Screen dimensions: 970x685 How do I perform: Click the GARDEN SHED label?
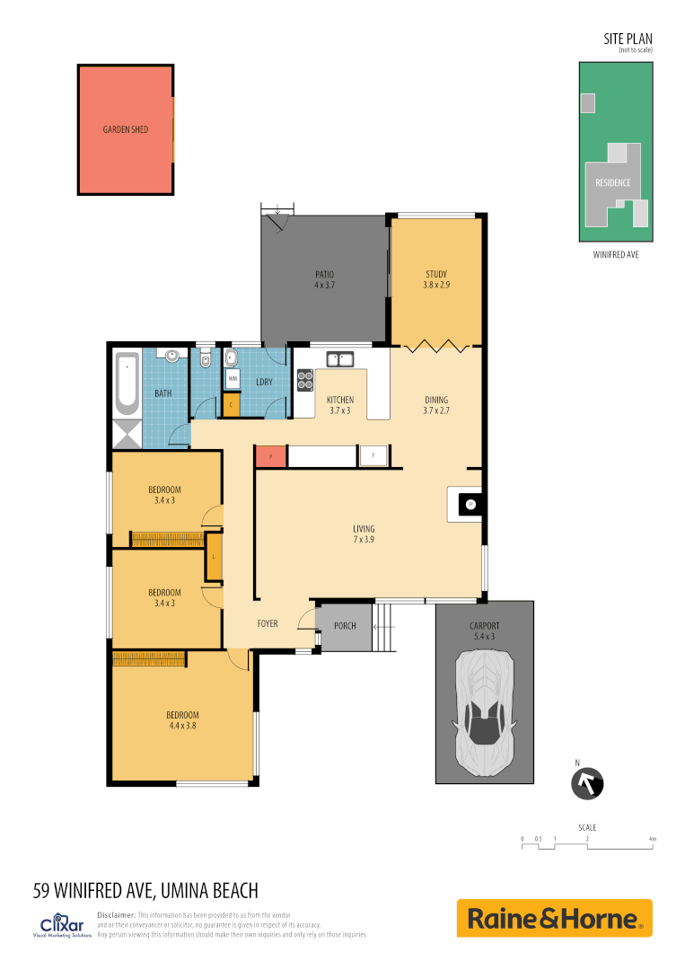pyautogui.click(x=125, y=129)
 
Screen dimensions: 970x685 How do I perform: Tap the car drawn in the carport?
pyautogui.click(x=485, y=714)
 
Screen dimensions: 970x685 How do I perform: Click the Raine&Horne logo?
pyautogui.click(x=554, y=918)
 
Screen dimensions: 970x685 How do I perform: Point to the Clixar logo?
pyautogui.click(x=62, y=925)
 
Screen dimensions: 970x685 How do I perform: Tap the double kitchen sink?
pyautogui.click(x=339, y=359)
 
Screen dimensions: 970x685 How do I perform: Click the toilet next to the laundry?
pyautogui.click(x=206, y=360)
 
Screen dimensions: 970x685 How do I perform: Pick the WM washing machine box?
pyautogui.click(x=232, y=379)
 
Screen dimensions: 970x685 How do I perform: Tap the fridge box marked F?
pyautogui.click(x=373, y=456)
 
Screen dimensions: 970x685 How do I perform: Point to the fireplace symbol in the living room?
pyautogui.click(x=469, y=505)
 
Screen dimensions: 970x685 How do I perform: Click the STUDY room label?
pyautogui.click(x=435, y=275)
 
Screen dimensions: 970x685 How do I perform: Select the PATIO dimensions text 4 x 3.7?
pyautogui.click(x=324, y=286)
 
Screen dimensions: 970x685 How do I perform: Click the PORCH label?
pyautogui.click(x=345, y=626)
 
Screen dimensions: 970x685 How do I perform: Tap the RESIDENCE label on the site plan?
pyautogui.click(x=613, y=182)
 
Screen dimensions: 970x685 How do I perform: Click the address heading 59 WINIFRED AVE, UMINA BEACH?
pyautogui.click(x=145, y=891)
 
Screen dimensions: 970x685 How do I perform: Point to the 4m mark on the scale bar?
pyautogui.click(x=653, y=839)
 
